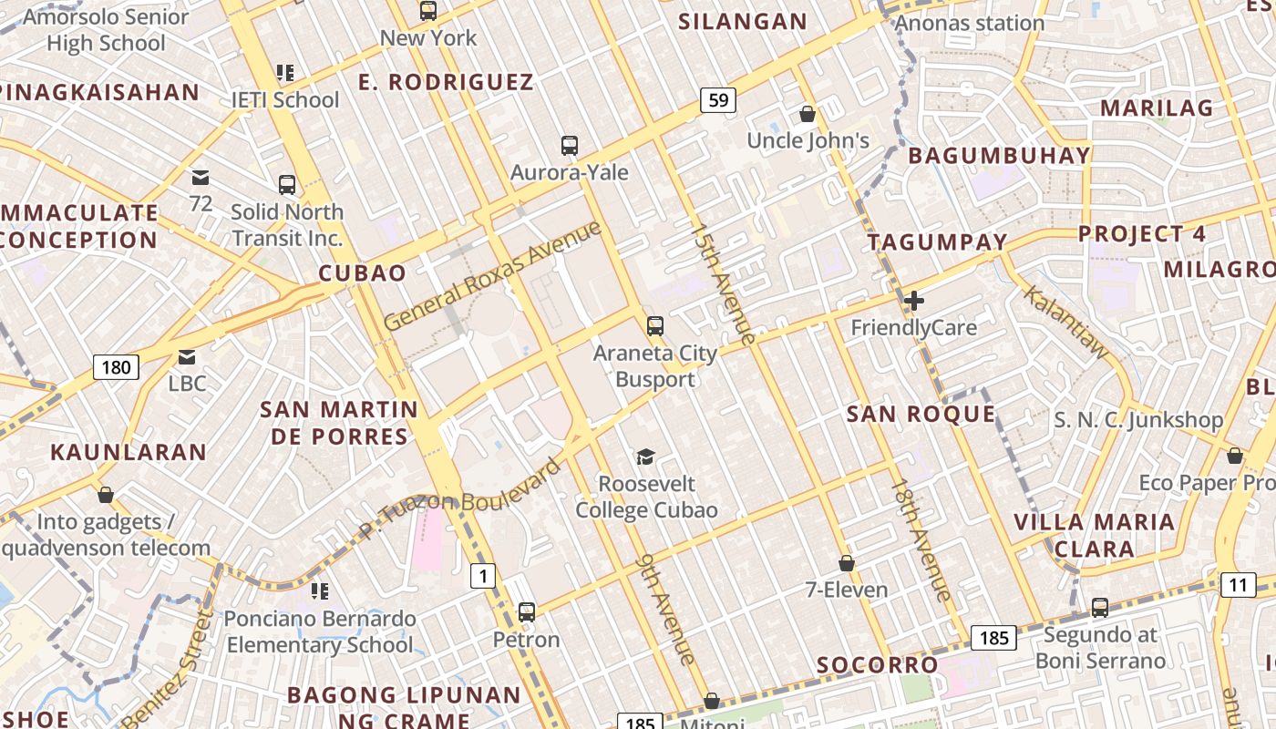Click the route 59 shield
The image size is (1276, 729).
[718, 100]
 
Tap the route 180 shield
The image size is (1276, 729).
[116, 367]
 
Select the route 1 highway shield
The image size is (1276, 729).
[483, 576]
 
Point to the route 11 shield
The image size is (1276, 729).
[1238, 585]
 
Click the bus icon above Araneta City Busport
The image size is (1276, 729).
[654, 325]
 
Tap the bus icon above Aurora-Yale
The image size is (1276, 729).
[570, 145]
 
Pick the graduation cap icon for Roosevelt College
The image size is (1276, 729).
[645, 457]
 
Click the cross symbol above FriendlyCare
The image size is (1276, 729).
[913, 300]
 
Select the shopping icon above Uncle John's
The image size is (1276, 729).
[807, 114]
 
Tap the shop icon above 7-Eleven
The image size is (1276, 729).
[847, 563]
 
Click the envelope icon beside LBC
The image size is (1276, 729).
[187, 356]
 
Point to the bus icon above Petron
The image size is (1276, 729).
[526, 611]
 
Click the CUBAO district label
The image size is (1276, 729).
[362, 273]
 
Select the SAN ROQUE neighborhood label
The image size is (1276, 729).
[921, 415]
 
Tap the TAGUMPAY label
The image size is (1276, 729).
[937, 242]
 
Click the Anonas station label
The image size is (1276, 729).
[970, 23]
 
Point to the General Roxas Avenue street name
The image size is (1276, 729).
[492, 274]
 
